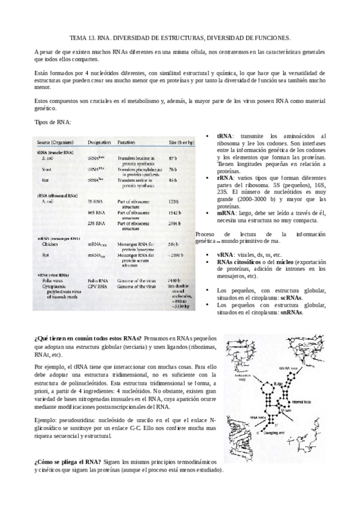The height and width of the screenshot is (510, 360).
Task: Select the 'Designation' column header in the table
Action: coord(99,142)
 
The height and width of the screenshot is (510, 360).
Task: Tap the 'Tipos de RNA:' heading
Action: coord(53,122)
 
